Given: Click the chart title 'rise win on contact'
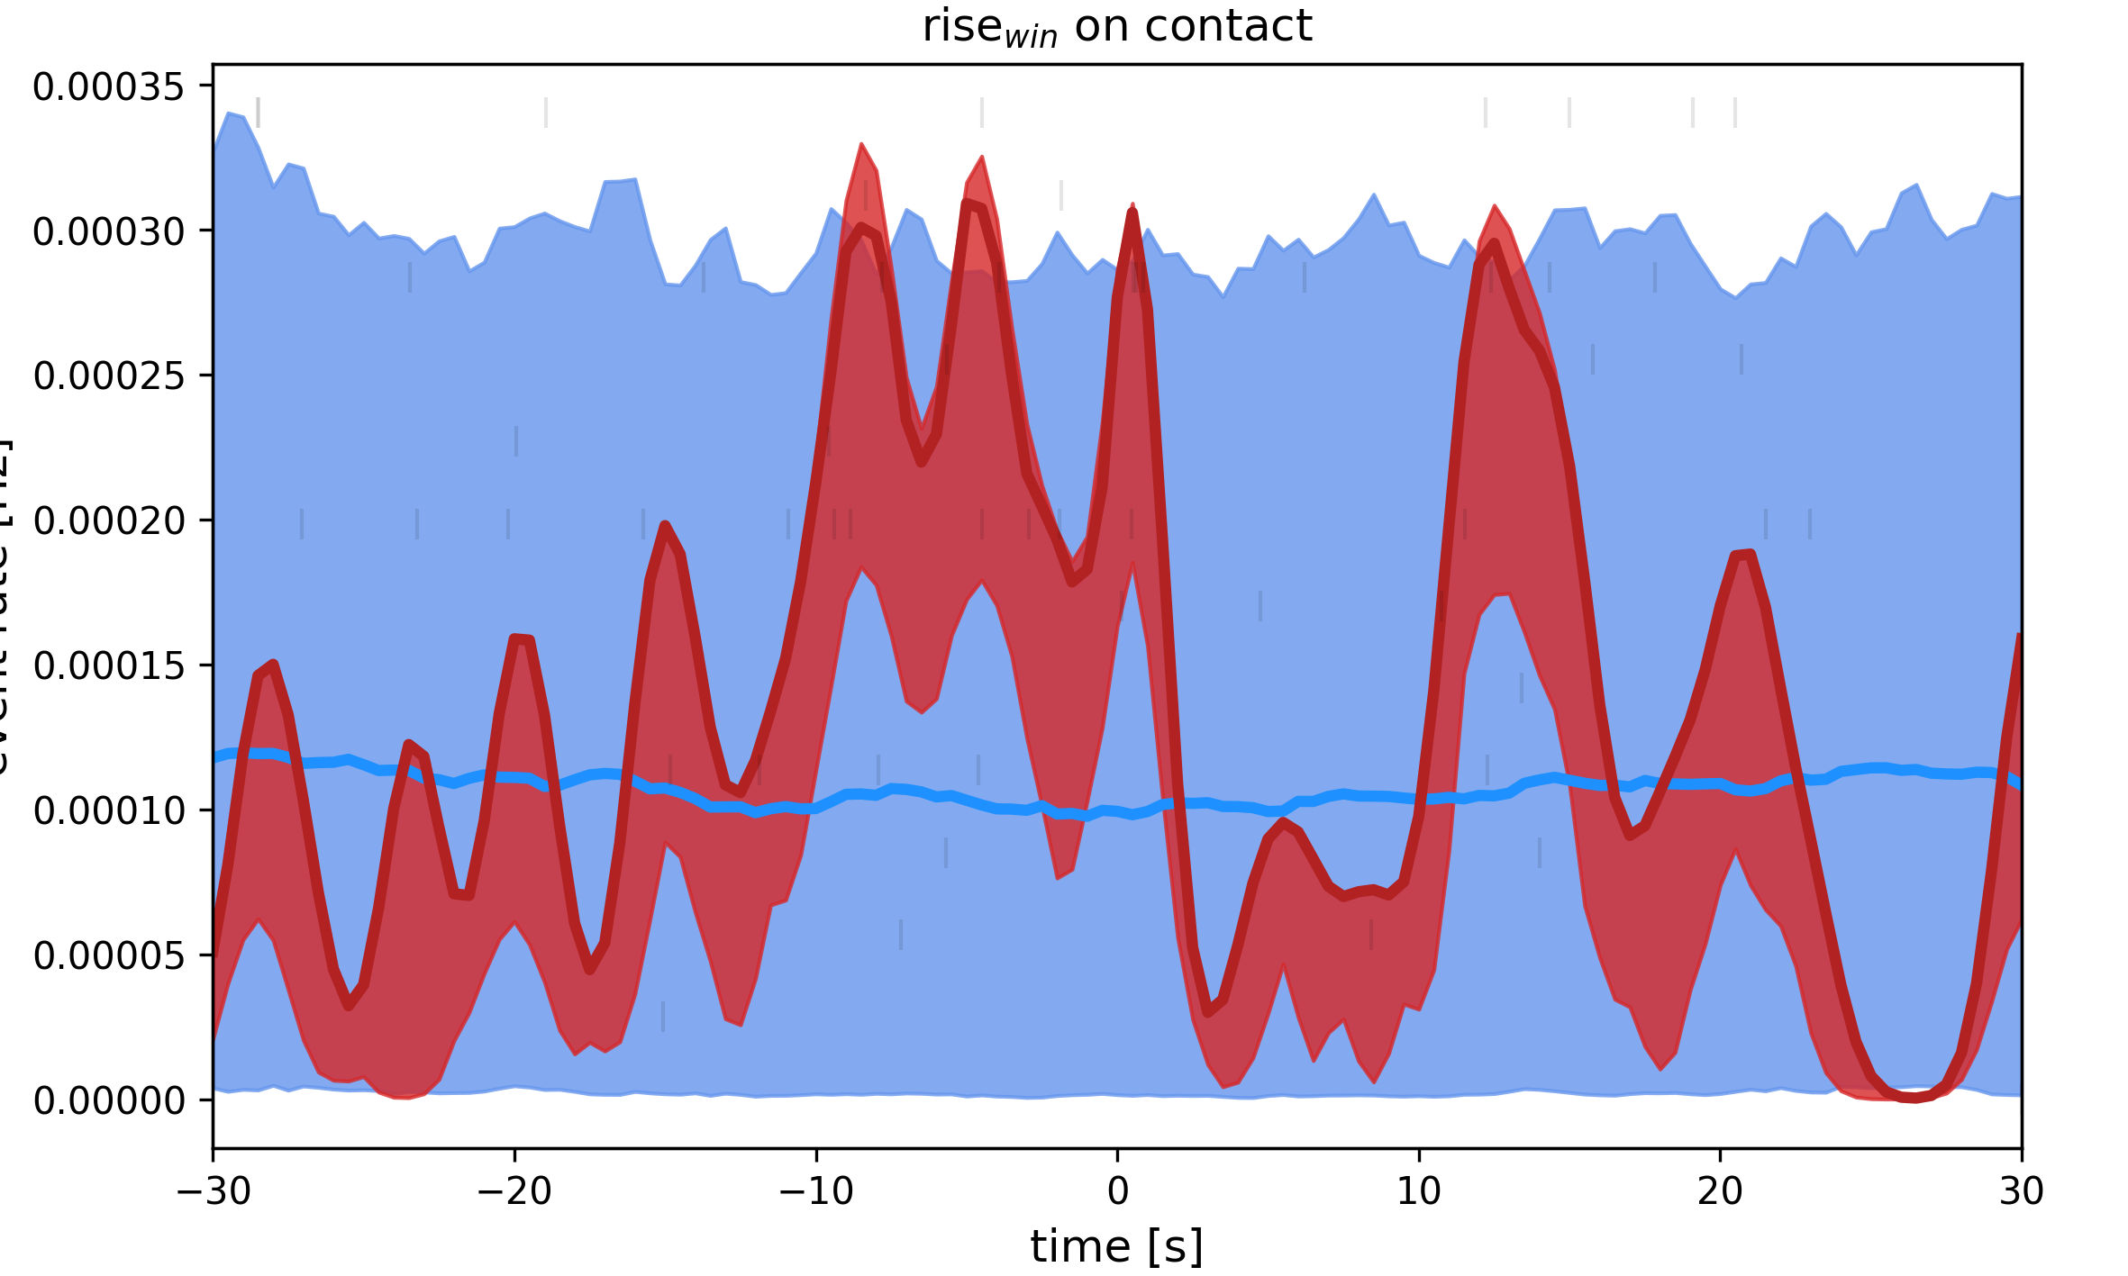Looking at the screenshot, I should [1116, 27].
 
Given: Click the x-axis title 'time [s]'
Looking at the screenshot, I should [1116, 1247].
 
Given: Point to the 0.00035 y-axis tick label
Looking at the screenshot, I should [108, 87].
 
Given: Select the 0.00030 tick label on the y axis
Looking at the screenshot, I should [108, 232].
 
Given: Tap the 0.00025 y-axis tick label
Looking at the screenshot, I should [108, 376].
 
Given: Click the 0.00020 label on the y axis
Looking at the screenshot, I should [108, 521].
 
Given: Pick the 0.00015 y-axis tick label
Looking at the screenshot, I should [108, 666].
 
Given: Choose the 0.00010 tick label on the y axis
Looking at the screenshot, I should [108, 811].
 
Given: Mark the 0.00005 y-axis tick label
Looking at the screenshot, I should [108, 955].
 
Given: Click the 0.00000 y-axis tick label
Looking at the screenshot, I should [108, 1101].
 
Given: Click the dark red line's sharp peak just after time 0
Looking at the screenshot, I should [1132, 213].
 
